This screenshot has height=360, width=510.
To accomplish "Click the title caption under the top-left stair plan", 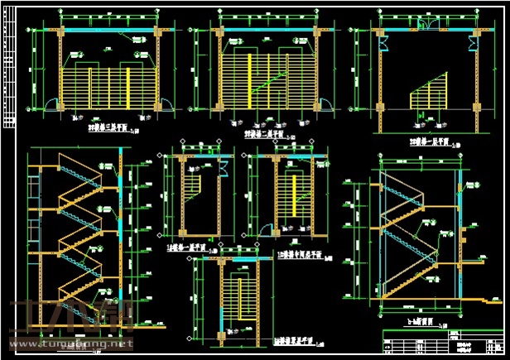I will [112, 129].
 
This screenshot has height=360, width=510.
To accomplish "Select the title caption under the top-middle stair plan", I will [267, 133].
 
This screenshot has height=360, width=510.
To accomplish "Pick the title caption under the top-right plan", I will [426, 143].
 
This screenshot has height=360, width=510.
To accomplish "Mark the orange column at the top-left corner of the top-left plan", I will [60, 31].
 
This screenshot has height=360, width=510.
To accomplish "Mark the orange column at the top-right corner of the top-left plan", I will [156, 31].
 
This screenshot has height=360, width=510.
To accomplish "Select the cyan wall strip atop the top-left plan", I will [108, 31].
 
